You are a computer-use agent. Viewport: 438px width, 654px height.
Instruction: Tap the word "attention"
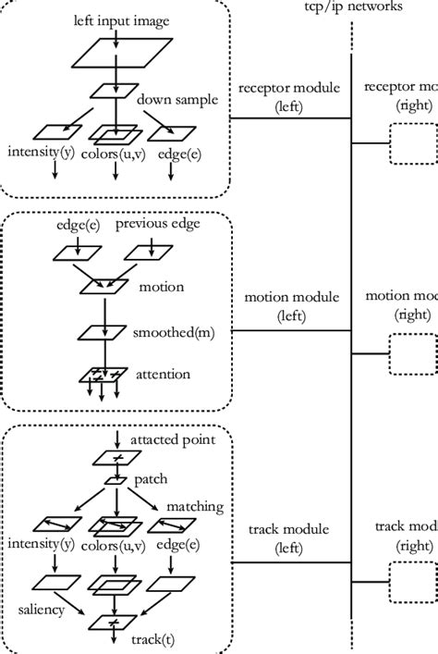pos(164,375)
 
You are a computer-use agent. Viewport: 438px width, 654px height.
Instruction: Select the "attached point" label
pos(173,439)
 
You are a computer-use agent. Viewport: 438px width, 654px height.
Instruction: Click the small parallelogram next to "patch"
pos(116,479)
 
